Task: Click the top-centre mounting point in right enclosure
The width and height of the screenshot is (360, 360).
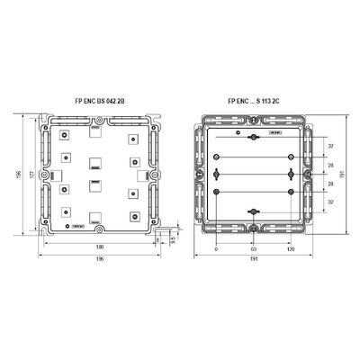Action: [253, 136]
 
